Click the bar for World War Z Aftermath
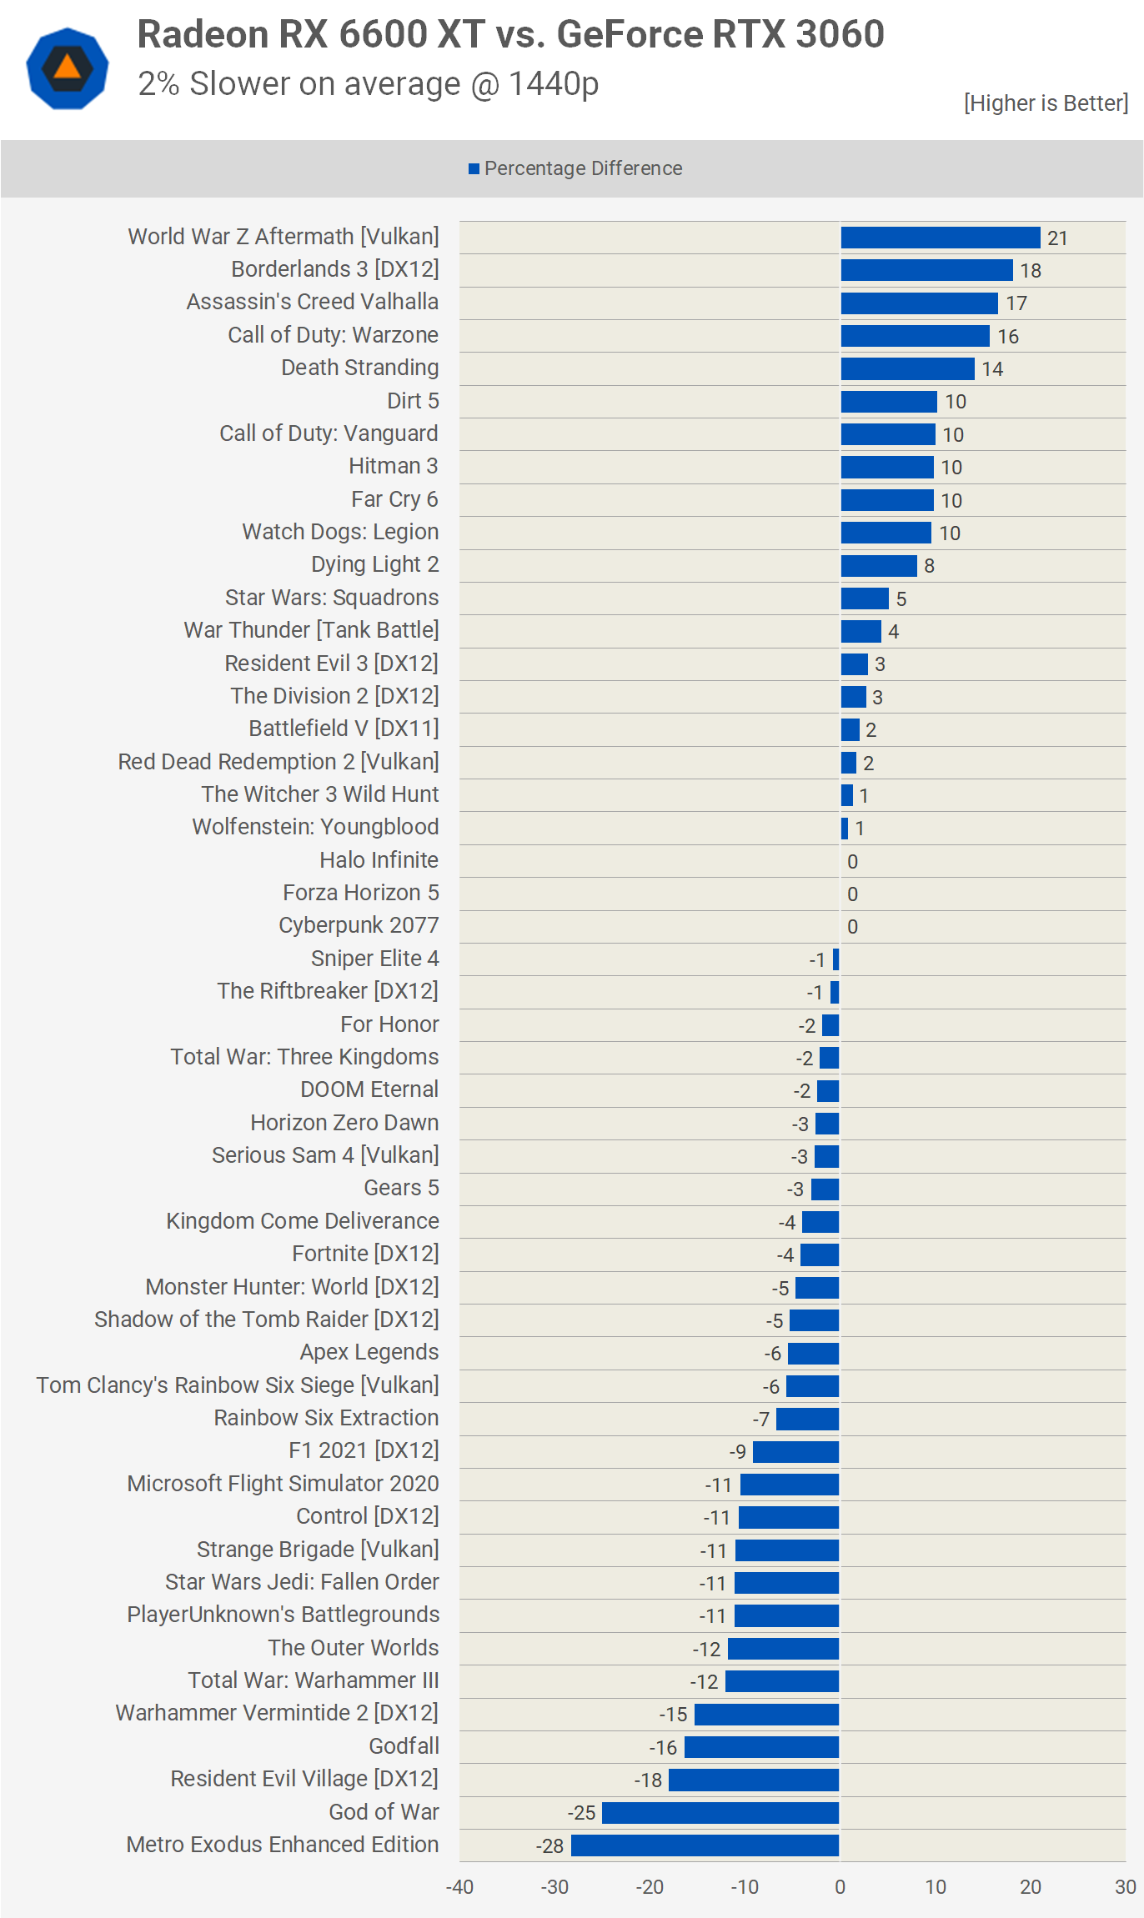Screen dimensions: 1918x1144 click(940, 238)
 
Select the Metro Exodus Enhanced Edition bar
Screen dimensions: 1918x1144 click(705, 1845)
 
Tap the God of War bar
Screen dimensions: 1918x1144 click(720, 1812)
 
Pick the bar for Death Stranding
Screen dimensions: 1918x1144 click(907, 368)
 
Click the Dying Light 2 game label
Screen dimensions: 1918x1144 click(374, 564)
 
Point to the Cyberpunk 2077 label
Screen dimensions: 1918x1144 click(359, 925)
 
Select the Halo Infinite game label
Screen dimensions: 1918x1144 click(379, 859)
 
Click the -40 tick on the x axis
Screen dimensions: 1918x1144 click(459, 1887)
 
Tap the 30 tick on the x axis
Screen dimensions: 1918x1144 click(1125, 1887)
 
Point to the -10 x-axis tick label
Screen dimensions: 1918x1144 click(744, 1887)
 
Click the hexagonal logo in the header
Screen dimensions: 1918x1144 click(68, 68)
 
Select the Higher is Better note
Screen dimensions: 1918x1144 click(1046, 103)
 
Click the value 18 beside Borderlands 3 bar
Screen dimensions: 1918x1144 click(1031, 271)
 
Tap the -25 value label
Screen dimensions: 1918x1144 click(581, 1813)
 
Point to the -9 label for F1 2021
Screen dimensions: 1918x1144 click(737, 1452)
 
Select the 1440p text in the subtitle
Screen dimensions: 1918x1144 click(553, 83)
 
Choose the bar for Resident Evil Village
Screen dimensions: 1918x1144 click(753, 1780)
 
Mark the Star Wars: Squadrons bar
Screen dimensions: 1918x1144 click(865, 598)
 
